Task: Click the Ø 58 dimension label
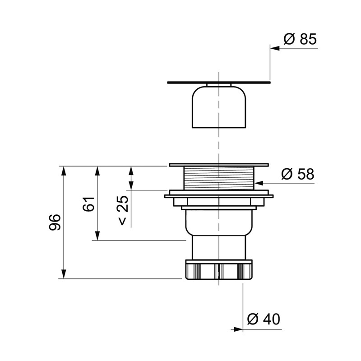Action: coord(297,174)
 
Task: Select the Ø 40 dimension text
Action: coord(264,319)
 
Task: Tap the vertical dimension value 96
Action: coord(55,222)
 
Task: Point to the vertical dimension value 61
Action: coord(88,204)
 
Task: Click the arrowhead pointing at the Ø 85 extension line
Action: coord(274,47)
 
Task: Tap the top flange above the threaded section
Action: coord(219,165)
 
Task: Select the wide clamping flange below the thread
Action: coord(219,195)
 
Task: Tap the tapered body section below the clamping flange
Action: coord(219,221)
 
